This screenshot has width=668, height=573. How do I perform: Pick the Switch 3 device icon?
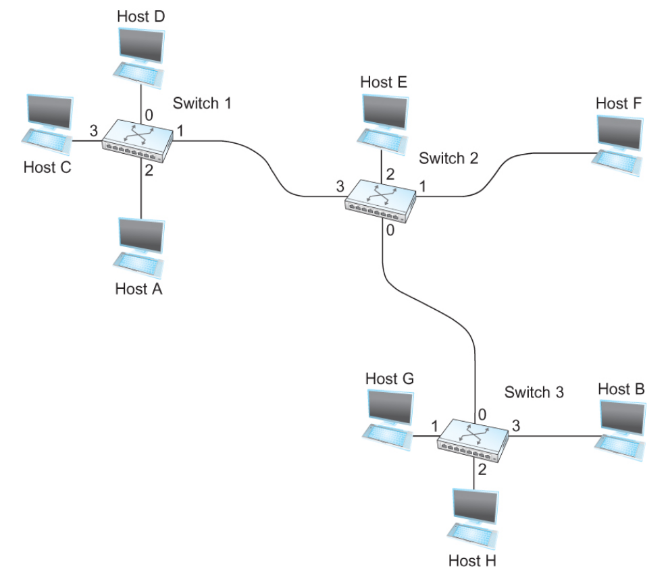[x=473, y=440]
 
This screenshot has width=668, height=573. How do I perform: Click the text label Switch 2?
[x=448, y=159]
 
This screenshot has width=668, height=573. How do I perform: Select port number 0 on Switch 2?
[x=390, y=230]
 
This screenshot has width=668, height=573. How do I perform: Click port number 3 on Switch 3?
[x=516, y=425]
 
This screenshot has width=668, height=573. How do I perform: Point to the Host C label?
[x=47, y=167]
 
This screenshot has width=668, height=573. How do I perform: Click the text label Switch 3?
[x=534, y=392]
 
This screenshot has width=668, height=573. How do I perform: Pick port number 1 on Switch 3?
[x=434, y=426]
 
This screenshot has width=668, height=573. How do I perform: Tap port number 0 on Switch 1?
[x=149, y=113]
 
